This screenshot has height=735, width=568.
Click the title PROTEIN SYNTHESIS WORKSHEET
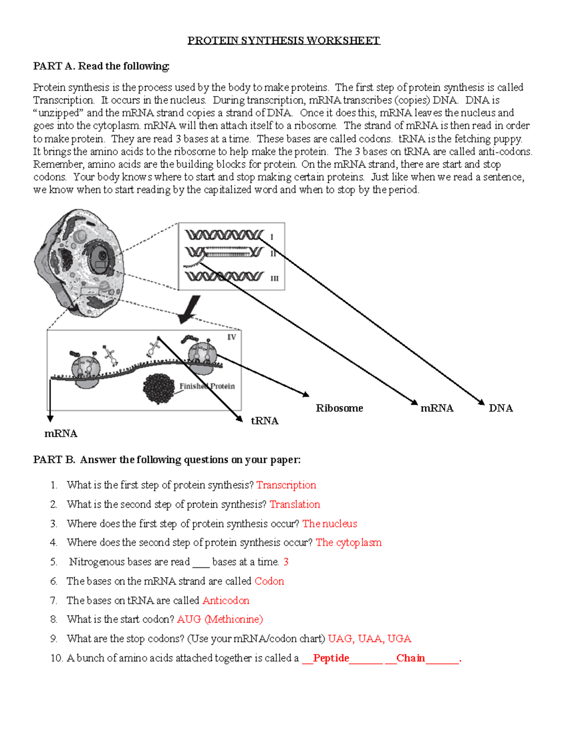coord(284,41)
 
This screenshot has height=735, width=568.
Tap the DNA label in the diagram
coord(500,408)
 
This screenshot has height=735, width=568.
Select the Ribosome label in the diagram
coord(339,408)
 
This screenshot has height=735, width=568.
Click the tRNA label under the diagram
coord(265,421)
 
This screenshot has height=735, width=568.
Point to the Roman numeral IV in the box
coord(231,337)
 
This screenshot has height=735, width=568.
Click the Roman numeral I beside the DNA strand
coord(272,237)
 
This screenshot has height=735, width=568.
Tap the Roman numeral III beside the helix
coord(274,278)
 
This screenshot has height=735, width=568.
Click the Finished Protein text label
coord(207,386)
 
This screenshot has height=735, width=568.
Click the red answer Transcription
coord(286,485)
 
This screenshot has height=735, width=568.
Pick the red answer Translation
coord(294,505)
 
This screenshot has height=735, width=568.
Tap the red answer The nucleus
coord(329,523)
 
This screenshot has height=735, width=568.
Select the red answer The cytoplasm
coord(348,542)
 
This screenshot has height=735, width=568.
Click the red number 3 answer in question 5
coord(286,562)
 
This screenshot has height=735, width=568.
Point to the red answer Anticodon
coord(226,601)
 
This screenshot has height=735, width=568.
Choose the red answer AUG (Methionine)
coord(220,620)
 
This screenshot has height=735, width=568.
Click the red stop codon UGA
coord(399,639)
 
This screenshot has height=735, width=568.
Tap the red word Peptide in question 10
coord(331,658)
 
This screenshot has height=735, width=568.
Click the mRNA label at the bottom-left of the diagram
coord(61,434)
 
